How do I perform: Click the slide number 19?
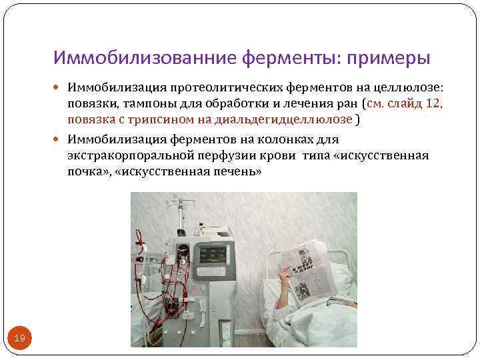coord(19,339)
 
